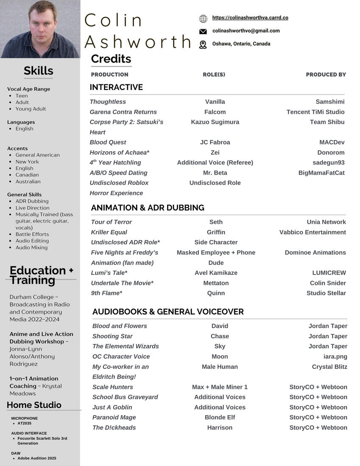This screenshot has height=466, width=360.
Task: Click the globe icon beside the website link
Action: [203, 18]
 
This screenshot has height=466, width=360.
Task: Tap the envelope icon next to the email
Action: [203, 31]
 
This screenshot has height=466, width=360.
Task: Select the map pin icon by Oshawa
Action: [203, 45]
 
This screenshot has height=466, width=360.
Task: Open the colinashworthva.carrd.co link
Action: [250, 18]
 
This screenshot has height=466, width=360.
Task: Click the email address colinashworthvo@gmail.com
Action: [246, 31]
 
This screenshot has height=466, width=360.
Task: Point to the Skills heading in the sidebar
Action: [39, 71]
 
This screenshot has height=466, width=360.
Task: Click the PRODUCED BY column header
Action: [326, 75]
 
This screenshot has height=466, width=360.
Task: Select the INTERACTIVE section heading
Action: [116, 87]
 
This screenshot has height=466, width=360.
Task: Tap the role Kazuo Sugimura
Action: [215, 122]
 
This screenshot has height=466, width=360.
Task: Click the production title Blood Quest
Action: [108, 142]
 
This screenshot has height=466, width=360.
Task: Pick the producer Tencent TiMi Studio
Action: [315, 112]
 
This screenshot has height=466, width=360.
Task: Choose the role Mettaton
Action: [216, 283]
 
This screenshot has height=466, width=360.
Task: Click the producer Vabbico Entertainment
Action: [313, 232]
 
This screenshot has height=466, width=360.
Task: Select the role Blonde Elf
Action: [220, 418]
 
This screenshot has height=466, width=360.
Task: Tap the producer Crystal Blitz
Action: [329, 367]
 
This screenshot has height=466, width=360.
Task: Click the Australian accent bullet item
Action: [28, 181]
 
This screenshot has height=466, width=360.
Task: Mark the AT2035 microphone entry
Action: [24, 423]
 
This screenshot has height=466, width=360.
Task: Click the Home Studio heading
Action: [34, 405]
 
